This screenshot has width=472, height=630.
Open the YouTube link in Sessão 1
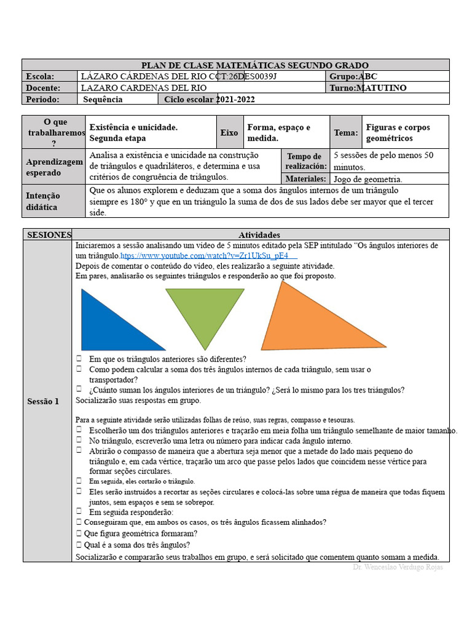tap(209, 255)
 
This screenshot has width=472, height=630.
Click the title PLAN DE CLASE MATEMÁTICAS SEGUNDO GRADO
tap(255, 65)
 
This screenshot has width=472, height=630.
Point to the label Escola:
tap(41, 76)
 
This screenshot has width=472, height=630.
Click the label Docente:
tap(43, 88)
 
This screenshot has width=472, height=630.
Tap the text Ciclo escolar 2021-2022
tap(209, 100)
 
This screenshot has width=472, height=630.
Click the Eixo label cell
tap(229, 132)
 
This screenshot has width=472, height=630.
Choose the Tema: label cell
tap(345, 132)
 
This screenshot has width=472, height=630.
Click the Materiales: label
tap(305, 179)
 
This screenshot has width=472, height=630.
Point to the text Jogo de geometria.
tap(368, 180)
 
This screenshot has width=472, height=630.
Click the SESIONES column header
tap(49, 235)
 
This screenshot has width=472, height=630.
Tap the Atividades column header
tap(259, 235)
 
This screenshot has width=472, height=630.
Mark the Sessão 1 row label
tap(43, 401)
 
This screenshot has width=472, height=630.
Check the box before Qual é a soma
tap(79, 544)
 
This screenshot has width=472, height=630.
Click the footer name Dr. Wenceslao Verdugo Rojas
tap(398, 567)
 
